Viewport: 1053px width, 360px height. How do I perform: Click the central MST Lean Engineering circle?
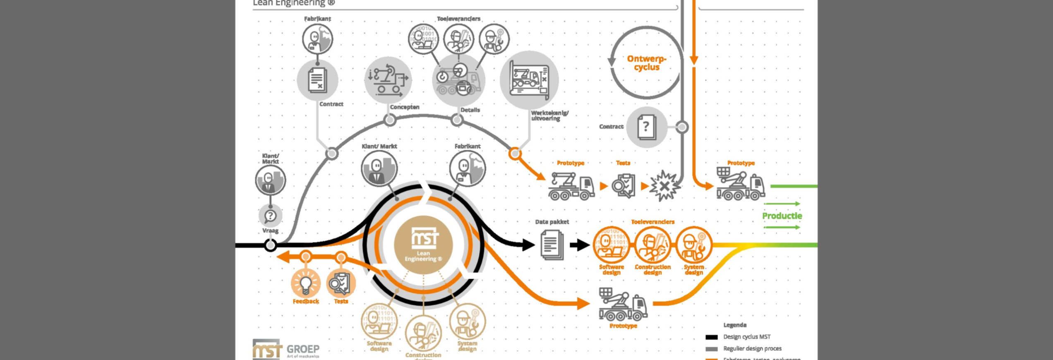coord(423,245)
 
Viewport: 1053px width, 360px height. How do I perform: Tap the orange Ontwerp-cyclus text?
coord(646,63)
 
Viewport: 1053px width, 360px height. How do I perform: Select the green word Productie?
coord(782,216)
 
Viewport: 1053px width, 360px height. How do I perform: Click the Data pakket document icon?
coord(552,245)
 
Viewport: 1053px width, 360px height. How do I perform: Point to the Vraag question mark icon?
coord(270,216)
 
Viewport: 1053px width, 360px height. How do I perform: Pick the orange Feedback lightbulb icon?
coord(305,283)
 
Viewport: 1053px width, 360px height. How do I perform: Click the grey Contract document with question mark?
coord(646,127)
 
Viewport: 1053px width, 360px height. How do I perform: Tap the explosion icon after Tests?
coord(664,186)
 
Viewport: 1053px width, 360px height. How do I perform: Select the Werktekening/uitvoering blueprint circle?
coord(529,80)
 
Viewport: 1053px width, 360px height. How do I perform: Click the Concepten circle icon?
coord(388,80)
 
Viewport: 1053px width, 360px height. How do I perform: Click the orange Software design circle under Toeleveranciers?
coord(611,245)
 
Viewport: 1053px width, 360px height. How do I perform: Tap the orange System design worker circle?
coord(693,245)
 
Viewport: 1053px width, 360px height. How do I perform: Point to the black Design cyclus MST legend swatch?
coord(711,337)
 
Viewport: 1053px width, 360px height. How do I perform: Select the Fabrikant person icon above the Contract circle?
coord(317,39)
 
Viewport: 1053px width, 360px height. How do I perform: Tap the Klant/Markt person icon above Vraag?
coord(270,180)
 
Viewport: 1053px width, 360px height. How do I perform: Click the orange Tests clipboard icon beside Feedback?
coord(341,283)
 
